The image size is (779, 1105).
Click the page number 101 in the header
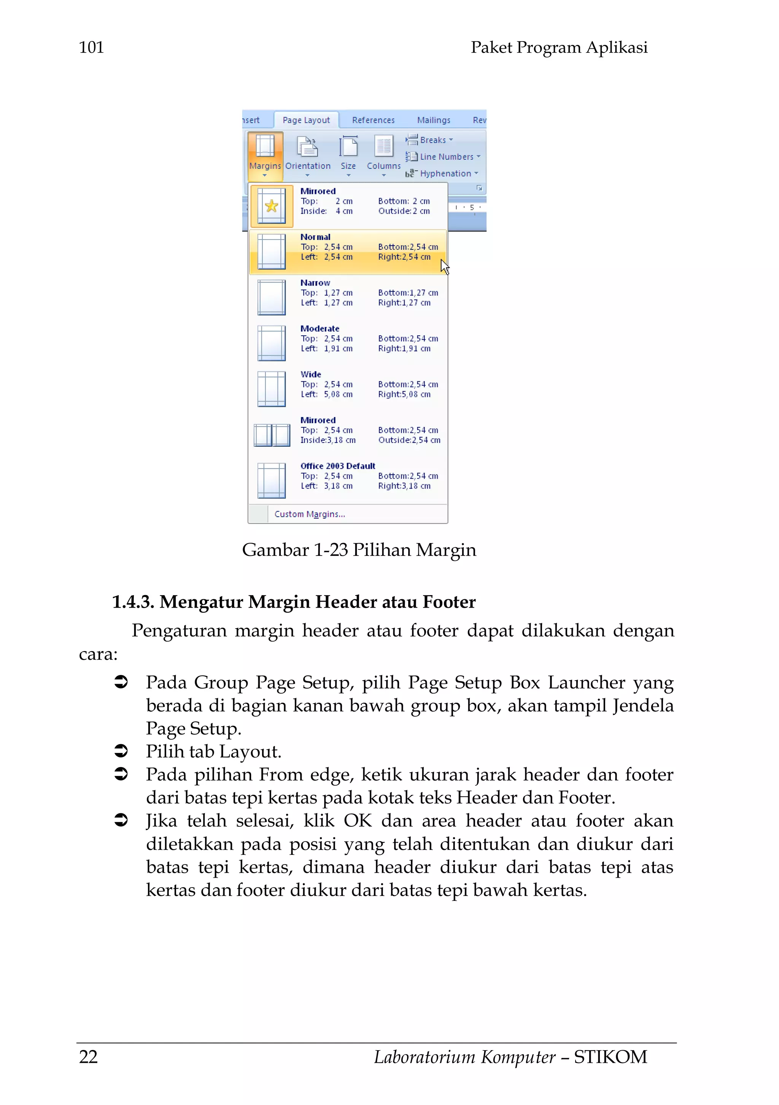91,47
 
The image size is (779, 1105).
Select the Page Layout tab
306,120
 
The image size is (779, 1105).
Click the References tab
373,120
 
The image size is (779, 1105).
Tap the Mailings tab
433,120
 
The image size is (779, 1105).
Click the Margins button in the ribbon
265,154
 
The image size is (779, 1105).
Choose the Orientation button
308,154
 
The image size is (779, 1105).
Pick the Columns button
383,154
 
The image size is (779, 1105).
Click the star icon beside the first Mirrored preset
272,206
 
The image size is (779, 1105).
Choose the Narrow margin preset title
315,283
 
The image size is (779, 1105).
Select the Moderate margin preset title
320,328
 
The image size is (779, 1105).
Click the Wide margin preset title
310,374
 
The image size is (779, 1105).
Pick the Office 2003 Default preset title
337,465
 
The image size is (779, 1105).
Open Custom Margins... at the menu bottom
310,514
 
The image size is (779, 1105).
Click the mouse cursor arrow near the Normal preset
444,266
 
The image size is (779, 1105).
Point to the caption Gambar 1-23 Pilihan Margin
359,549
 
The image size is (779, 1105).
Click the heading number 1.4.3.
133,602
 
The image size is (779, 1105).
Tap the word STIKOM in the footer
610,1056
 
